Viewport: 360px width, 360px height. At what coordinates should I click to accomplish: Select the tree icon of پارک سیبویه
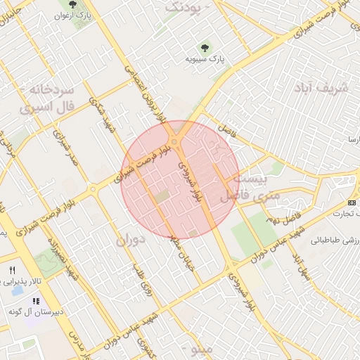click(205, 48)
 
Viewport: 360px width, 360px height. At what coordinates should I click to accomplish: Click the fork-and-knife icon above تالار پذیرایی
click(12, 270)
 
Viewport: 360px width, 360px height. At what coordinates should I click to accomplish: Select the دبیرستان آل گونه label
click(37, 310)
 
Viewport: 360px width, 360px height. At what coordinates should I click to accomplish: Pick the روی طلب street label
click(141, 277)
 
